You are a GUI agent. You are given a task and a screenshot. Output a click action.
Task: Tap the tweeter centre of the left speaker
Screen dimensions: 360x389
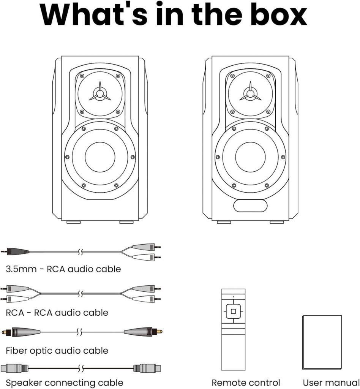pyautogui.click(x=100, y=94)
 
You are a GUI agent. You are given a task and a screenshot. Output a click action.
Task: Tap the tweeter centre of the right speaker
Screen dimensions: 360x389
pyautogui.click(x=250, y=94)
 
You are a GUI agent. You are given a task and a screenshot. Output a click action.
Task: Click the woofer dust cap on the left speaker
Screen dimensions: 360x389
pyautogui.click(x=100, y=157)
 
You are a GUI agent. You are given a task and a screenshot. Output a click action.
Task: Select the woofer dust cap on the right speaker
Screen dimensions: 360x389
pyautogui.click(x=250, y=157)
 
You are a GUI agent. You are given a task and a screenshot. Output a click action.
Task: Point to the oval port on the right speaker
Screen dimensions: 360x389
pyautogui.click(x=250, y=206)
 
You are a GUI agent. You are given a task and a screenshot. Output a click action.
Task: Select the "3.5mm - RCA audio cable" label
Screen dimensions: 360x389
pyautogui.click(x=63, y=269)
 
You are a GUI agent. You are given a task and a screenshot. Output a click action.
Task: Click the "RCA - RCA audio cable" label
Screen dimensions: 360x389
pyautogui.click(x=57, y=313)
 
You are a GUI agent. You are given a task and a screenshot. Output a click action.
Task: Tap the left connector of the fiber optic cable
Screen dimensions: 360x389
pyautogui.click(x=21, y=332)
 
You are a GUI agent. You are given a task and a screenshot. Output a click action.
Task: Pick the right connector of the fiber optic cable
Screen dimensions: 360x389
pyautogui.click(x=143, y=331)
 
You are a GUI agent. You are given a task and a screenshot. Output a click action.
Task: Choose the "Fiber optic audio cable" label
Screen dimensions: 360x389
pyautogui.click(x=57, y=351)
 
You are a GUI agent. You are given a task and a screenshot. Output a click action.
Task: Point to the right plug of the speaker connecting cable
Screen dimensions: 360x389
pyautogui.click(x=147, y=368)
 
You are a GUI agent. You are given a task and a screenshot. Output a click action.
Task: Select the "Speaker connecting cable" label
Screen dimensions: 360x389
pyautogui.click(x=64, y=383)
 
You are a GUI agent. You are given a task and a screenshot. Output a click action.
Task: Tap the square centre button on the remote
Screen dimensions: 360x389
pyautogui.click(x=233, y=311)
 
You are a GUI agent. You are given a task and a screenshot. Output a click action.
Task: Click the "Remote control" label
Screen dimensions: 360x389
pyautogui.click(x=246, y=383)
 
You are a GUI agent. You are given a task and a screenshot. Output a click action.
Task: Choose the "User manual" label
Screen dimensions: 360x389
pyautogui.click(x=331, y=383)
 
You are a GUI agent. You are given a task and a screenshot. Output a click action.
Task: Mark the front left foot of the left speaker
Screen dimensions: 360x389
pyautogui.click(x=74, y=222)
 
